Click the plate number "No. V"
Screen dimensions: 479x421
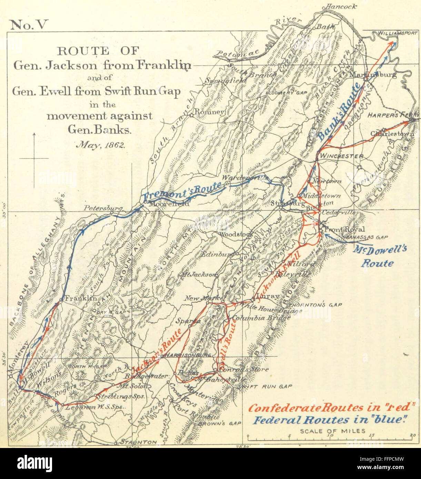[x=30, y=25]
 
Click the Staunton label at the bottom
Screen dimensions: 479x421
[x=139, y=442]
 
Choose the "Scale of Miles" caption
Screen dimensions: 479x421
[x=333, y=431]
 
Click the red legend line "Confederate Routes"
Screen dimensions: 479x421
[x=331, y=408]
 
